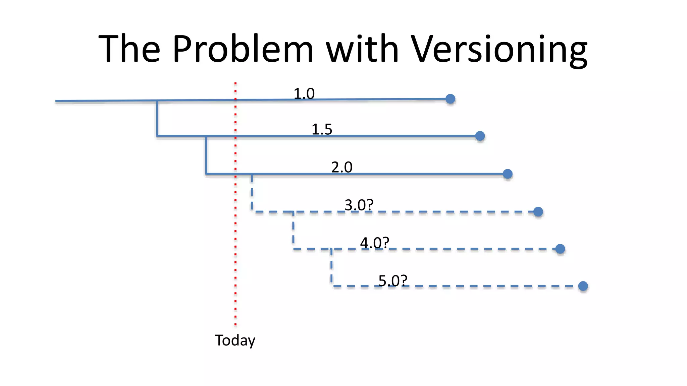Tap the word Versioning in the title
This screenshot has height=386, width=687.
pyautogui.click(x=499, y=50)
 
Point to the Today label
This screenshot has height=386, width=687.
pyautogui.click(x=235, y=340)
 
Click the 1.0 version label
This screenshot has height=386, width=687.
pyautogui.click(x=304, y=93)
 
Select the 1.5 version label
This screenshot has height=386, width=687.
pyautogui.click(x=322, y=129)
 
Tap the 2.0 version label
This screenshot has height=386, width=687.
pyautogui.click(x=342, y=167)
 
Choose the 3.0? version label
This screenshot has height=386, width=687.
pyautogui.click(x=359, y=205)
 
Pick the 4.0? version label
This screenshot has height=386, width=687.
pyautogui.click(x=374, y=243)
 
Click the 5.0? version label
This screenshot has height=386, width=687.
pyautogui.click(x=393, y=280)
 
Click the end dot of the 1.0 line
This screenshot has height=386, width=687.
pyautogui.click(x=450, y=99)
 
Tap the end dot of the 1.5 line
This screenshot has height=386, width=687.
pyautogui.click(x=480, y=136)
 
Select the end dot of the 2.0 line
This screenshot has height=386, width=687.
pyautogui.click(x=508, y=174)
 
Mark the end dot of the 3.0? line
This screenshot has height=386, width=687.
pyautogui.click(x=538, y=212)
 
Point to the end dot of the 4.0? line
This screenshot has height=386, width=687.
pyautogui.click(x=560, y=249)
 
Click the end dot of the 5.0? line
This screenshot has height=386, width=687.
pyautogui.click(x=583, y=286)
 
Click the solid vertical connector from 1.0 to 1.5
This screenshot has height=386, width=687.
pyautogui.click(x=157, y=118)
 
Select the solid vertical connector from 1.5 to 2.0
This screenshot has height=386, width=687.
pyautogui.click(x=206, y=155)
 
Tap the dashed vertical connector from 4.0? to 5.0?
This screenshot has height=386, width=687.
pyautogui.click(x=331, y=267)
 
